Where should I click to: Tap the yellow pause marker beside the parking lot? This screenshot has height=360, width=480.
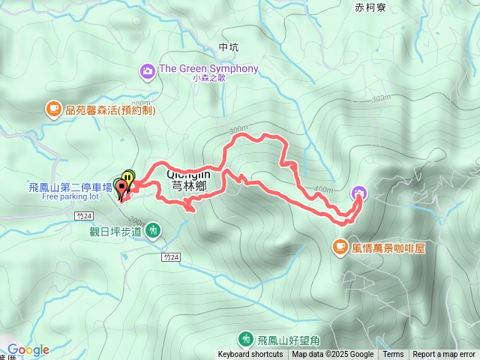(129, 178)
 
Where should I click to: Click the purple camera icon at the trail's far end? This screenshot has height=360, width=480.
(359, 193)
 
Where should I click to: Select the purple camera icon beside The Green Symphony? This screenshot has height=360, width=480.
(147, 71)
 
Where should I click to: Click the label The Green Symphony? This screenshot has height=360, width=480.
(208, 69)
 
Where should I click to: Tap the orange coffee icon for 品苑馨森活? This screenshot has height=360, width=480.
(53, 109)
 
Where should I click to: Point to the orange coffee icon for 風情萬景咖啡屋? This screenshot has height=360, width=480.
(340, 246)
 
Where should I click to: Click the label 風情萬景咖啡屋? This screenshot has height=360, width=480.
(388, 247)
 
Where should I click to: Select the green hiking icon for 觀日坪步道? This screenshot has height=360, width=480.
(153, 230)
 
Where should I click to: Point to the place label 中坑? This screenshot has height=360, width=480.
(229, 47)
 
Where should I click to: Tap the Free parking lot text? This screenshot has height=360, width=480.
(70, 197)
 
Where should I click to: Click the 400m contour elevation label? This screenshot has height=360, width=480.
(323, 189)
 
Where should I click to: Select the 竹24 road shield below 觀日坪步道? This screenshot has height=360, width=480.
(170, 257)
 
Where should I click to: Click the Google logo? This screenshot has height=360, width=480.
(28, 349)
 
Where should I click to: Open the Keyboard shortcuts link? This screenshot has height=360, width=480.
(250, 355)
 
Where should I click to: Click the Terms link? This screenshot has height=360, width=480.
(393, 355)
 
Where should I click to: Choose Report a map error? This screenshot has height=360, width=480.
(444, 355)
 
